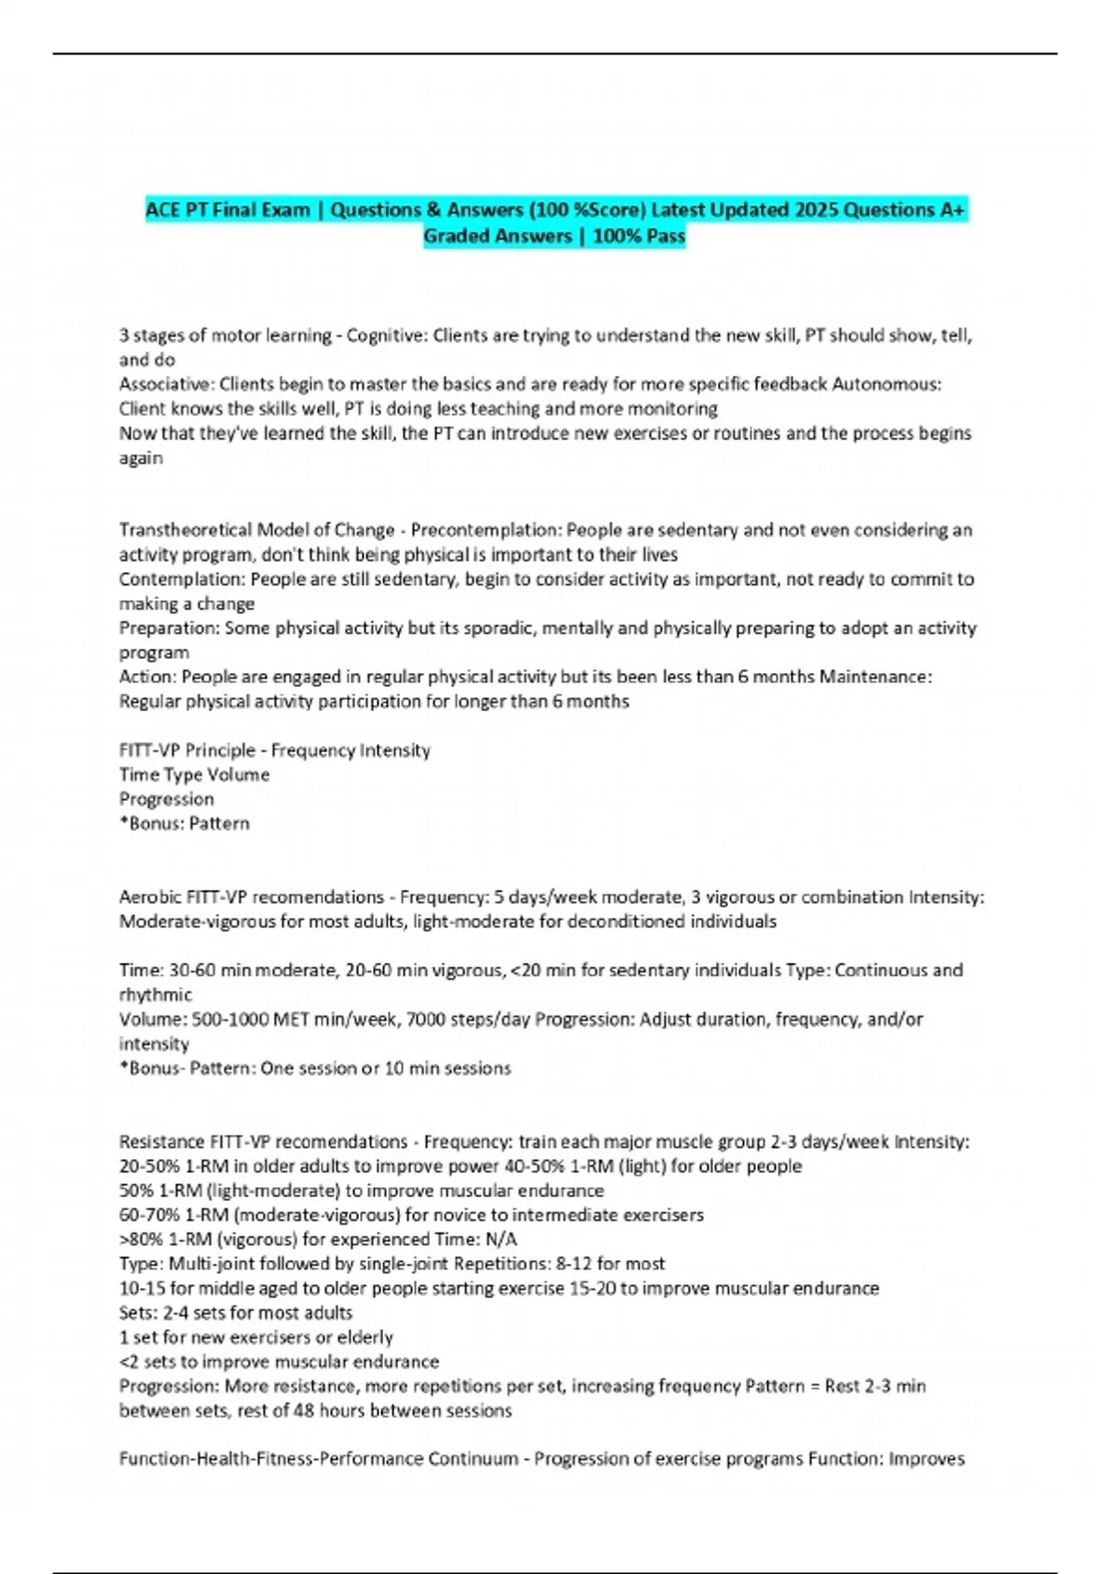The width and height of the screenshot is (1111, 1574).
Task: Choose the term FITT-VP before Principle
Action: pyautogui.click(x=149, y=750)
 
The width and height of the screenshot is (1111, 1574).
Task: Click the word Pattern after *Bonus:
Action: pyautogui.click(x=219, y=823)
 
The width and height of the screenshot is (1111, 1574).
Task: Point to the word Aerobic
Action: pyautogui.click(x=150, y=897)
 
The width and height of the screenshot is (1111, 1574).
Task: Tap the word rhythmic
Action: pyautogui.click(x=156, y=995)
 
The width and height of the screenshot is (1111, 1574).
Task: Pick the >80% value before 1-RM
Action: pyautogui.click(x=138, y=1239)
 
